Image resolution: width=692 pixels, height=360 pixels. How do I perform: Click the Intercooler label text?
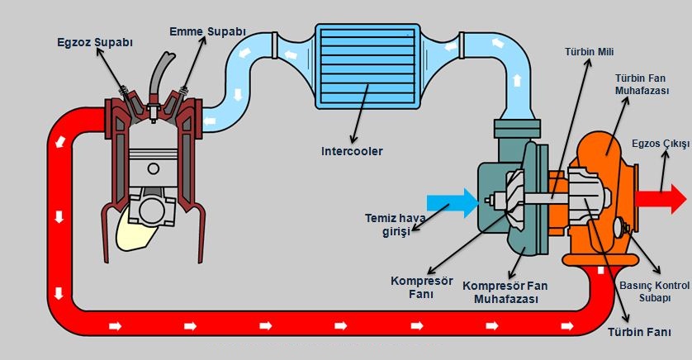352,151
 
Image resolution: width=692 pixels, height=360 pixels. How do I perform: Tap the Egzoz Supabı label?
95,43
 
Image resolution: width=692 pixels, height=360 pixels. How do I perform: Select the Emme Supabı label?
207,31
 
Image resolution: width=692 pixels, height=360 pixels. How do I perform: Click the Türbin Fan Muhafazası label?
642,84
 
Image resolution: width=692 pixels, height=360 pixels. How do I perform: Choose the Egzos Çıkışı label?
661,144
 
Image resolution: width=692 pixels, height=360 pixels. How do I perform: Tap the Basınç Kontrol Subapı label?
655,291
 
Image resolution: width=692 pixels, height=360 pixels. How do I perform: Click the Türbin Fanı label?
639,332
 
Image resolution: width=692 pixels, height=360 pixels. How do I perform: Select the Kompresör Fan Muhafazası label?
505,292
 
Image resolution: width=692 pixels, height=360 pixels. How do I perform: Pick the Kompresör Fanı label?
421,287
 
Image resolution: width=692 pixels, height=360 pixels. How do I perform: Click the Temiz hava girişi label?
395,225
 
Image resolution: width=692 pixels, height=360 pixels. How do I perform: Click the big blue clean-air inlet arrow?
453,203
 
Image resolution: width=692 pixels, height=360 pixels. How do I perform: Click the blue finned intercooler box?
367,66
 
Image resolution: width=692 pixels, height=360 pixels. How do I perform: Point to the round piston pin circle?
153,168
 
